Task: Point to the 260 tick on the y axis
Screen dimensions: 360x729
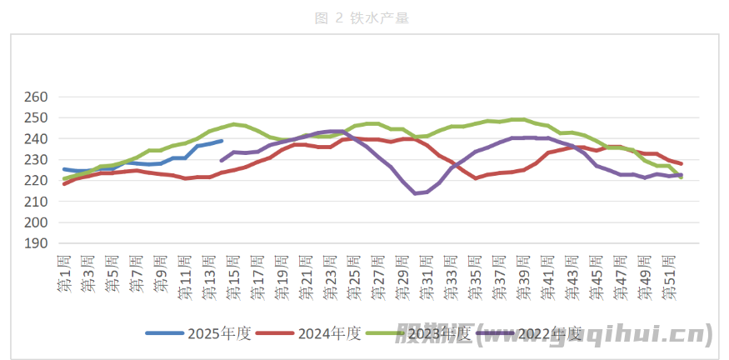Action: point(37,97)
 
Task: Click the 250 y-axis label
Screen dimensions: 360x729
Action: point(37,118)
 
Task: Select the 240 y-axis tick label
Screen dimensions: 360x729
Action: point(37,139)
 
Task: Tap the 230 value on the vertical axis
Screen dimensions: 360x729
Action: point(37,160)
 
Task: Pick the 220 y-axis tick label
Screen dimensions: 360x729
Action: point(37,181)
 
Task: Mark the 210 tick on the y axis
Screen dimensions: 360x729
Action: point(37,202)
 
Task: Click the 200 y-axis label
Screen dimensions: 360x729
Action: point(37,222)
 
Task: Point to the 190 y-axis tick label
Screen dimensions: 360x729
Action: point(37,243)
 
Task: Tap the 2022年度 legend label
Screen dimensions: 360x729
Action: point(549,333)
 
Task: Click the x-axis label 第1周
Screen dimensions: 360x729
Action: point(64,277)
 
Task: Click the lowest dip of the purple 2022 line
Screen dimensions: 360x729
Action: point(415,193)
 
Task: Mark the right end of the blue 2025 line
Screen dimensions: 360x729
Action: point(222,141)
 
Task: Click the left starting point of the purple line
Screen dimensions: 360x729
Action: point(222,161)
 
